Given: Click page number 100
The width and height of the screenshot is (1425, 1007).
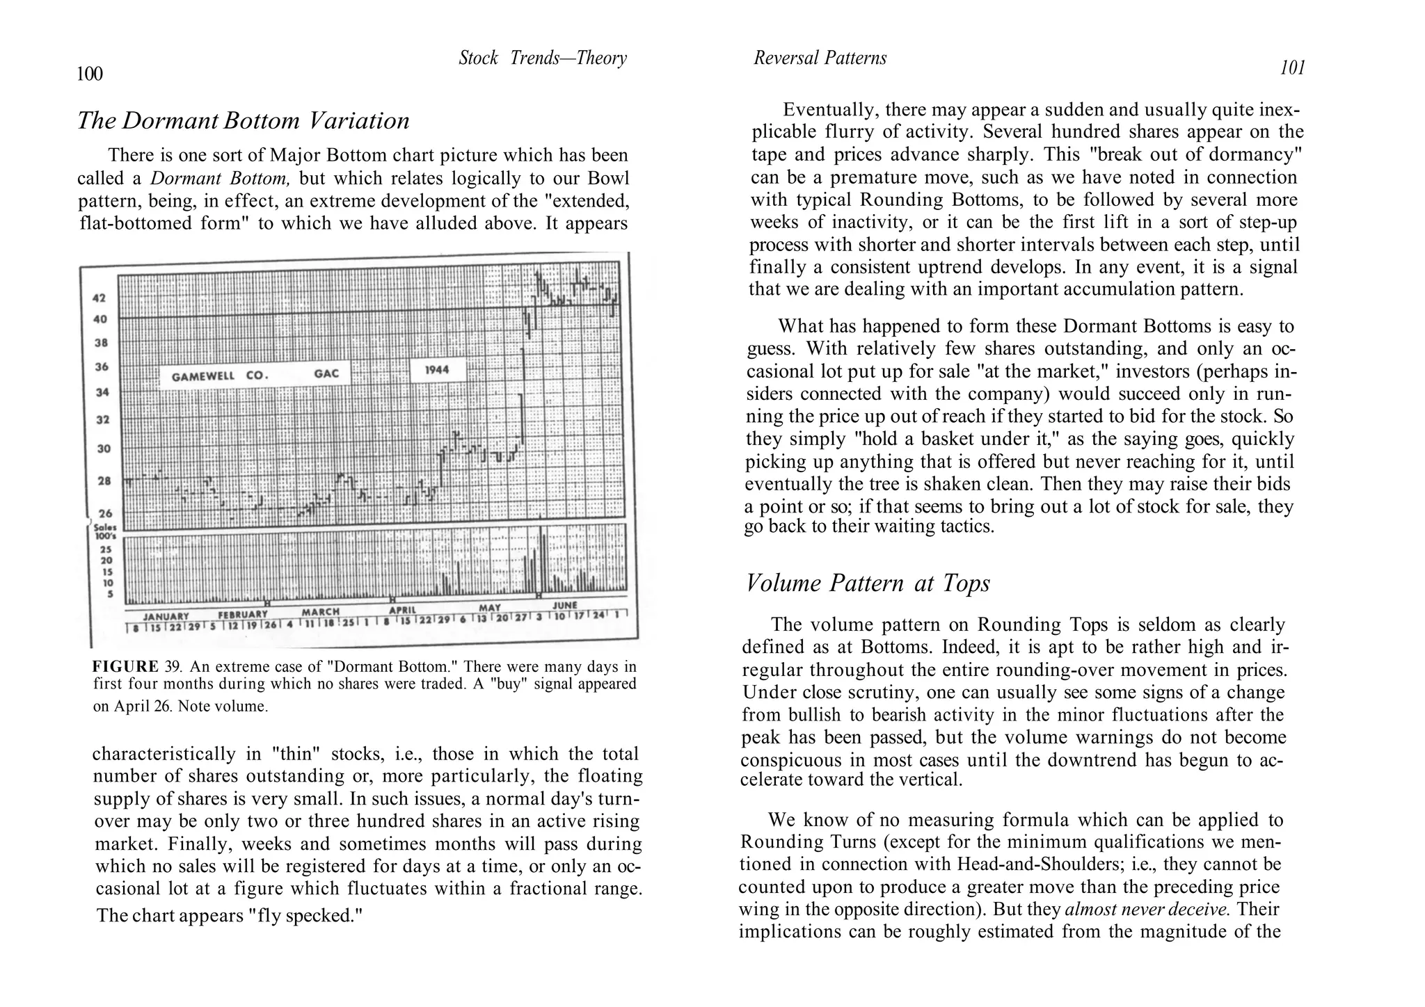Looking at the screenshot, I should coord(90,74).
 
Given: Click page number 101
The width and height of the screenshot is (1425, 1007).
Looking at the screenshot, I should coord(1292,68).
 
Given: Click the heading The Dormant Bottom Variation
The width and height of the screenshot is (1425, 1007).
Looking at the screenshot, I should coord(244,121).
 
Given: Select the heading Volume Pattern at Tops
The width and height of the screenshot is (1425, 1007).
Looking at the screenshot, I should coord(867,583).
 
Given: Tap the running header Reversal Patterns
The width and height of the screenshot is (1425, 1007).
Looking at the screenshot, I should coord(820,58).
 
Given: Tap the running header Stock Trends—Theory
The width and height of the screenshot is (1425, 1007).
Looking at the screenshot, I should coord(542,58).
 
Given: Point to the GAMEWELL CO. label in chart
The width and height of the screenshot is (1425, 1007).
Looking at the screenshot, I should coord(219,376).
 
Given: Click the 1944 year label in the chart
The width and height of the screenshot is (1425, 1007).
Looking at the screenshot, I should coord(437,369).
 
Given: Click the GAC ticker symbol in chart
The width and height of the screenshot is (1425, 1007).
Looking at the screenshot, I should coord(326,373).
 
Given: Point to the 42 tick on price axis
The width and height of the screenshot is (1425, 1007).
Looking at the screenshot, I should coord(99,298).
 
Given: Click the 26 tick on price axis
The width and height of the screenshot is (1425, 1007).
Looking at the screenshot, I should coord(104,514).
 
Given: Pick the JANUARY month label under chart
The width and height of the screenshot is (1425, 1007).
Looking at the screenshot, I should coord(166,616).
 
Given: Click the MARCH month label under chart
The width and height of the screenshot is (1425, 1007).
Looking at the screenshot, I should coord(320,612).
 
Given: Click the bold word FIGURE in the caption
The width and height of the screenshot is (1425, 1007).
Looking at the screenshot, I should coord(125,666).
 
